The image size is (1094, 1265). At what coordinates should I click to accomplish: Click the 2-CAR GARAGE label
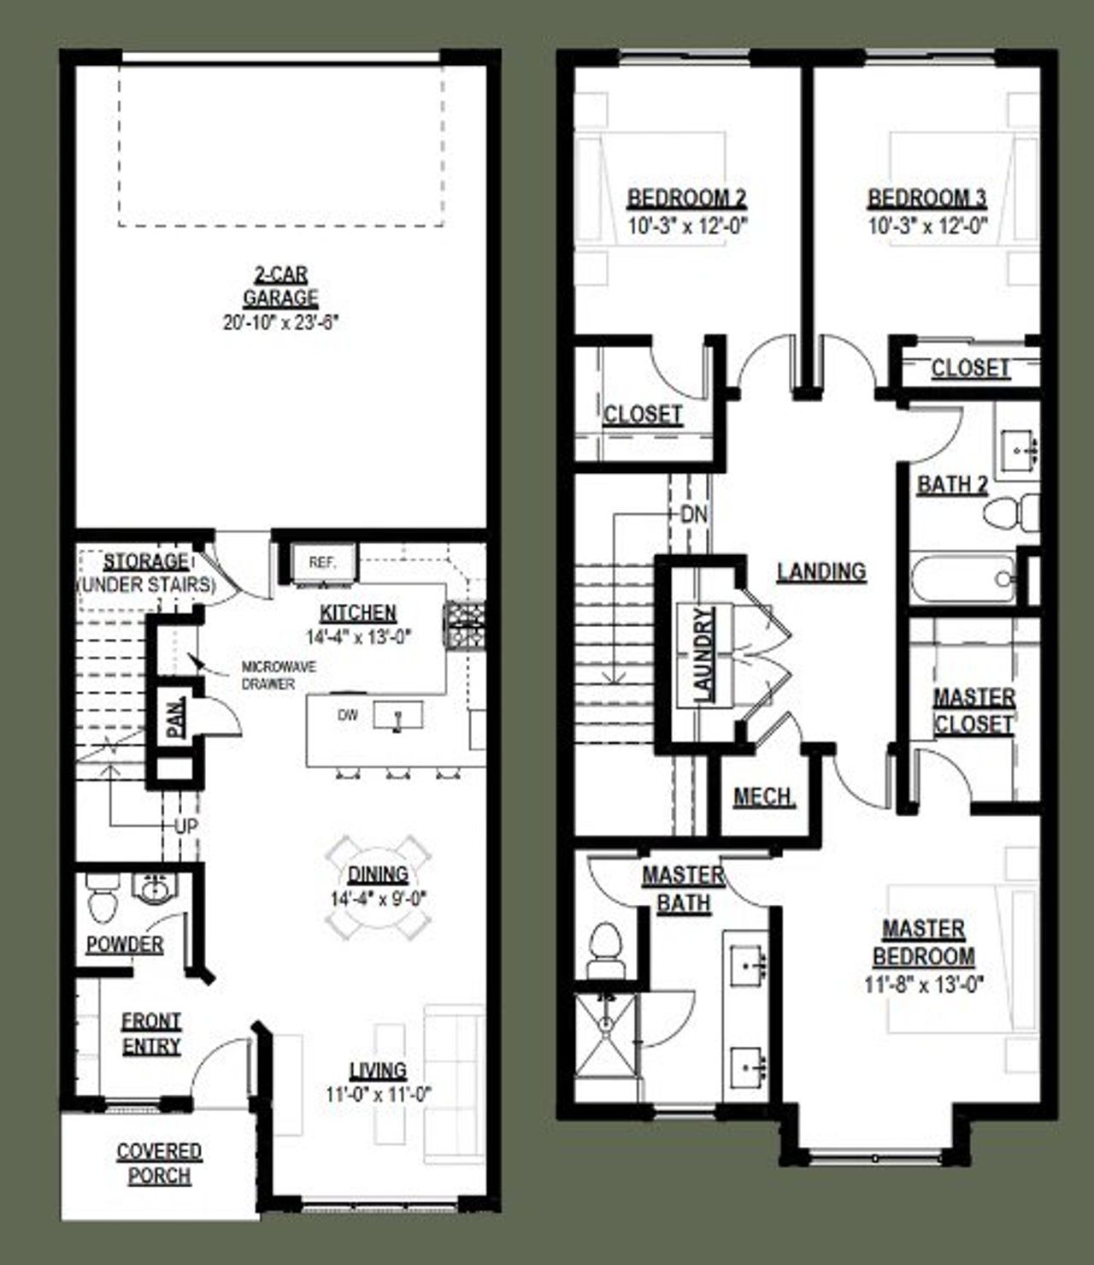(x=280, y=287)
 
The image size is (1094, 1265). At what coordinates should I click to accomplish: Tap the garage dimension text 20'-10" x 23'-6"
(x=280, y=322)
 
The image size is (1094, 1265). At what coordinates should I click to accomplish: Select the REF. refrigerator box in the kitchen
(x=322, y=563)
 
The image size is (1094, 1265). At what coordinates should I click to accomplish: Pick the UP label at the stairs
(x=186, y=827)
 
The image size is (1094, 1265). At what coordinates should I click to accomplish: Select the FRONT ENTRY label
(x=151, y=1033)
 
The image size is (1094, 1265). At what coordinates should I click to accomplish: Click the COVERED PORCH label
(x=159, y=1163)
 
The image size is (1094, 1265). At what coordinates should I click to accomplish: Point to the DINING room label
(x=378, y=874)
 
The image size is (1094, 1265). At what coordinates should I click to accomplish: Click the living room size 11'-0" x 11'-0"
(x=378, y=1094)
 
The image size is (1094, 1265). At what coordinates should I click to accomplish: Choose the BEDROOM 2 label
(x=686, y=198)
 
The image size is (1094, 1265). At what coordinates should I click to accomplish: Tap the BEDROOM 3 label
(x=927, y=198)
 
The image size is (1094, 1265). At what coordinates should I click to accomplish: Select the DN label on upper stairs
(x=695, y=515)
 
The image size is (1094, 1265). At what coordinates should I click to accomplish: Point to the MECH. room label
(x=764, y=797)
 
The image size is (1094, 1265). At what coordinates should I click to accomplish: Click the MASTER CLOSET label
(x=974, y=711)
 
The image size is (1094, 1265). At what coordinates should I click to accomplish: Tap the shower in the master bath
(x=606, y=1045)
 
